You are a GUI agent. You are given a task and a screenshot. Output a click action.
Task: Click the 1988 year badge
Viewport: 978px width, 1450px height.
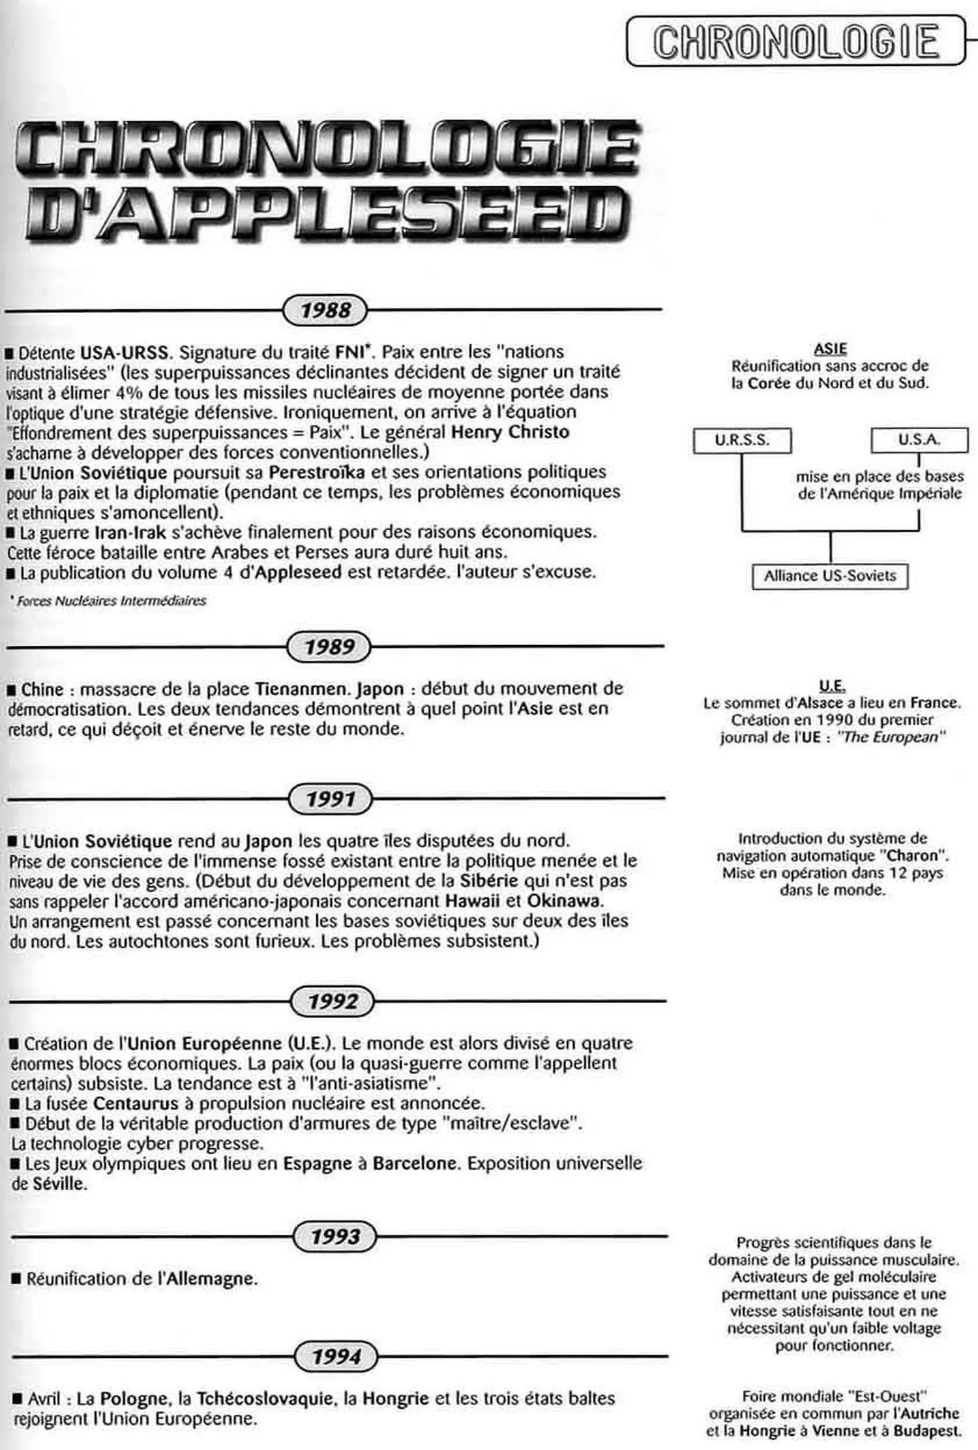pos(325,310)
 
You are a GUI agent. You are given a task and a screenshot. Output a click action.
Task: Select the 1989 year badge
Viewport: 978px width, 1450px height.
pos(329,646)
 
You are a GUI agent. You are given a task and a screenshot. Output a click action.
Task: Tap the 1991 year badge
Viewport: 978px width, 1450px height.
pos(331,798)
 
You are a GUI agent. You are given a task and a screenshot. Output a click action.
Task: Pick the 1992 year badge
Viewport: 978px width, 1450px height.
pos(333,1001)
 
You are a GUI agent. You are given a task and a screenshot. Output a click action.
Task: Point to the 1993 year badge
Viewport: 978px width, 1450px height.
pos(335,1236)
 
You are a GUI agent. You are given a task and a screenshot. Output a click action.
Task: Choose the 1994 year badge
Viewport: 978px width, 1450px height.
pos(336,1357)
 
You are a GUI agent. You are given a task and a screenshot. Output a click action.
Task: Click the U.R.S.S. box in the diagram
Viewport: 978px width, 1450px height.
pos(742,440)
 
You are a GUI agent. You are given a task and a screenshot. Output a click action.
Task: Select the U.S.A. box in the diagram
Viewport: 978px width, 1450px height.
pos(919,440)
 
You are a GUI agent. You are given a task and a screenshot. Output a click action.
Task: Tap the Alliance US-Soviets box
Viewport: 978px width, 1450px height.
pos(830,576)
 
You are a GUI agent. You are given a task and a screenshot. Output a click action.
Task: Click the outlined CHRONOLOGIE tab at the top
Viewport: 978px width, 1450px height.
pos(795,41)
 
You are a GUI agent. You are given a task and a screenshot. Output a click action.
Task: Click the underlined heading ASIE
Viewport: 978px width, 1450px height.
pos(830,349)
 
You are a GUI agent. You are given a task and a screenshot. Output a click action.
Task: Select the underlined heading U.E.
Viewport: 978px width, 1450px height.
pos(832,686)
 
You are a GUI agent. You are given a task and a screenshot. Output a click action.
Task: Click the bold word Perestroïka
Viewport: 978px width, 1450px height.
pos(317,472)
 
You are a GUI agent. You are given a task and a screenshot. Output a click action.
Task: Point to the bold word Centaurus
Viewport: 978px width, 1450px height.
pos(136,1104)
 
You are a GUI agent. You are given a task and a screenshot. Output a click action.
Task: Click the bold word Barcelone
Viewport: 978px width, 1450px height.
pos(415,1164)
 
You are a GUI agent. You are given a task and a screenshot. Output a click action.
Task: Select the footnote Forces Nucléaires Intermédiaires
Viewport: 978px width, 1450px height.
pos(111,601)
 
